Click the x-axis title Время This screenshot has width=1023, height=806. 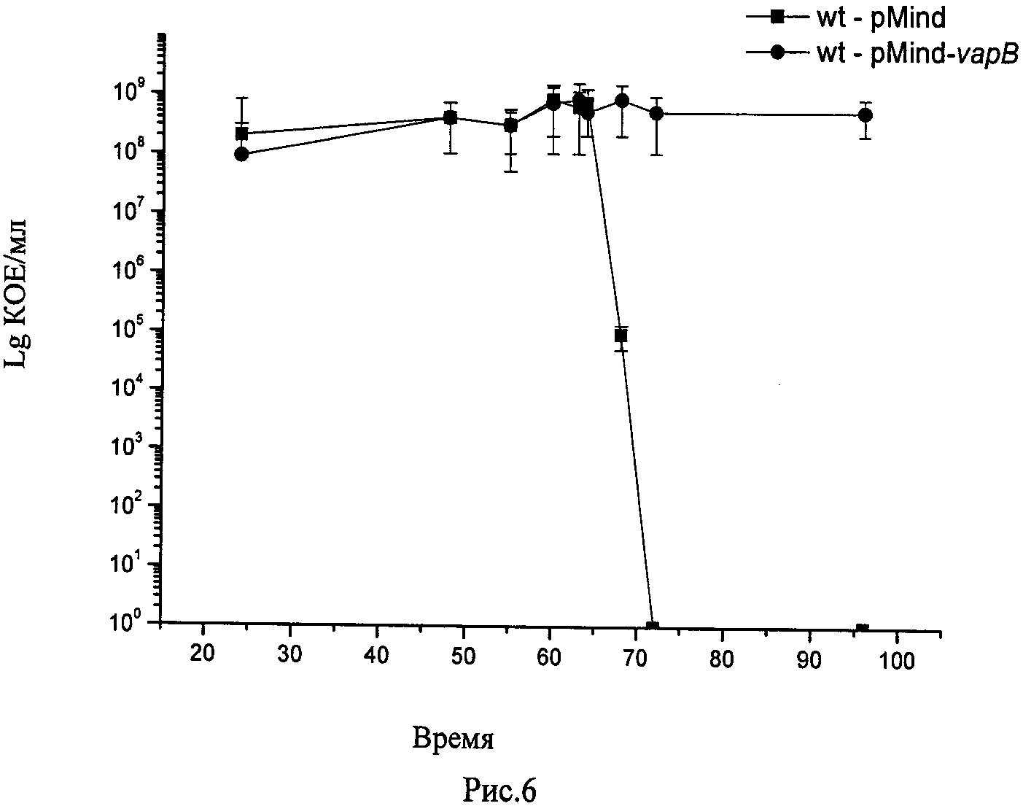click(453, 740)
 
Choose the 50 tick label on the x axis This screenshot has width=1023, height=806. click(463, 654)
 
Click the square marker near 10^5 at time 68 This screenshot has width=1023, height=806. click(621, 336)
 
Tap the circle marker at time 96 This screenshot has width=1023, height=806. click(866, 115)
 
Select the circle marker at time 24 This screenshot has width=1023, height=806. click(241, 154)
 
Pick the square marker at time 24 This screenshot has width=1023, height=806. click(241, 133)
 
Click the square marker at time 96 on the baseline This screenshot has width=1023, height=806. click(863, 629)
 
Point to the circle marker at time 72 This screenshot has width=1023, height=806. click(656, 113)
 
